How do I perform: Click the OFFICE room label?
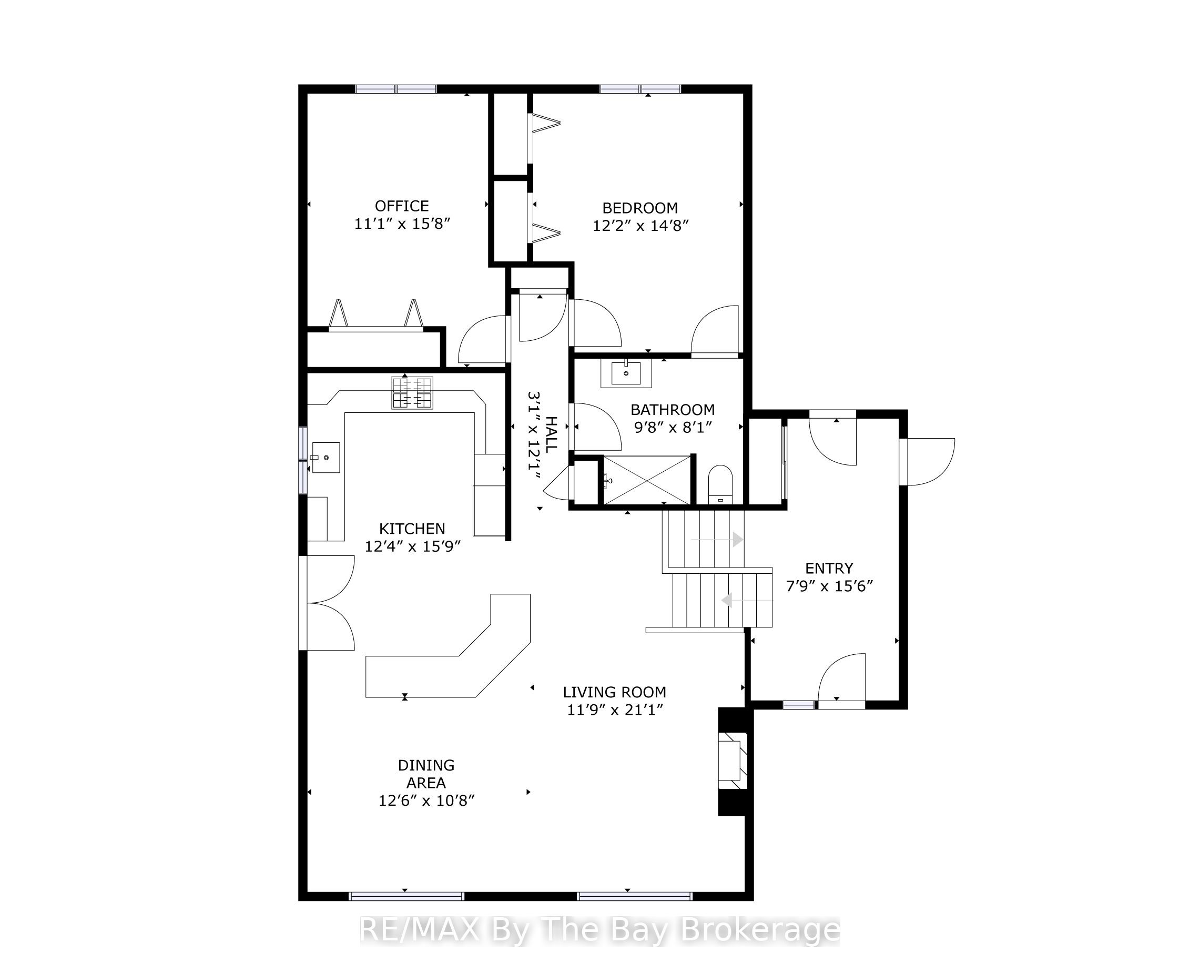[402, 206]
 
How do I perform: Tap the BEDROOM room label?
[640, 208]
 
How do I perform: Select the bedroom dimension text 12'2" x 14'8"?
[640, 225]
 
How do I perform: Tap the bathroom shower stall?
[647, 480]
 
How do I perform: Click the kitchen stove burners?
[412, 392]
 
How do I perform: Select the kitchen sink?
[325, 458]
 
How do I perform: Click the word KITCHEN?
[412, 529]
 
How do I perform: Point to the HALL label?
[552, 434]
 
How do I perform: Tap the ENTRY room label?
[829, 569]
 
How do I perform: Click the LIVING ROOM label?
[615, 692]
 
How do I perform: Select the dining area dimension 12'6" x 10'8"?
[426, 800]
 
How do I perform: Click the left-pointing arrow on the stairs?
[747, 601]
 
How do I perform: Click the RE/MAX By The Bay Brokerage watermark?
[599, 930]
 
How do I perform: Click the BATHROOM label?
[673, 410]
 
